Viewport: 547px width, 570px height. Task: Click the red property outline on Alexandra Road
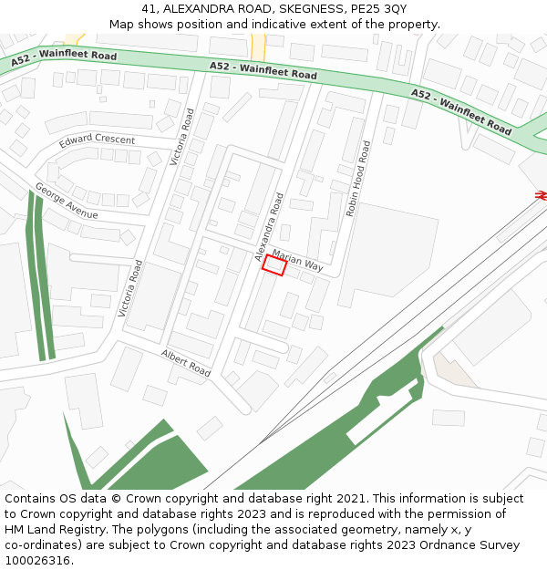click(274, 265)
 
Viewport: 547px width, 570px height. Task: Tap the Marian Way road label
click(297, 260)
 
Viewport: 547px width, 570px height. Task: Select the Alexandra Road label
click(270, 227)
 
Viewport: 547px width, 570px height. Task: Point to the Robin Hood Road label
click(356, 178)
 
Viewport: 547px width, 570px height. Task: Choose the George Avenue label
click(66, 202)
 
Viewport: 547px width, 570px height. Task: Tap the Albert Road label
click(186, 363)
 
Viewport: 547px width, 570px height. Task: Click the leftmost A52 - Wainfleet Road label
click(64, 59)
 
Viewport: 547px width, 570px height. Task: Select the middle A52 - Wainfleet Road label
click(263, 70)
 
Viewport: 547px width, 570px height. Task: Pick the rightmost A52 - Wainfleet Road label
click(460, 111)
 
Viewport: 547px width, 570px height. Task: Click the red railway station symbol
click(541, 195)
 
